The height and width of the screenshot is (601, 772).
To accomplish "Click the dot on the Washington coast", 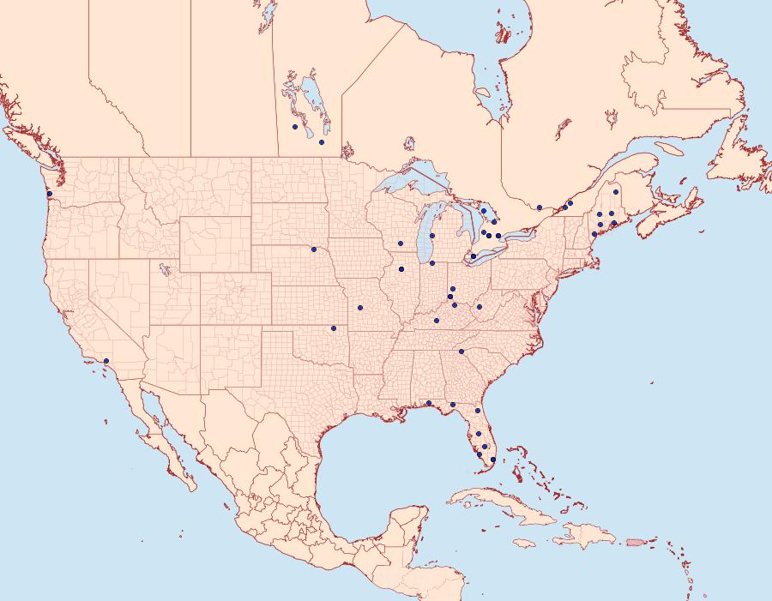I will pos(50,195).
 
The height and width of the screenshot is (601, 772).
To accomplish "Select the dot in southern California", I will pos(106,361).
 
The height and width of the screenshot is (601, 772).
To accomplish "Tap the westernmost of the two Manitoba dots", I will pos(295,127).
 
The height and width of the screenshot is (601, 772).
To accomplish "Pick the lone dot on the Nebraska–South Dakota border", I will pos(314,249).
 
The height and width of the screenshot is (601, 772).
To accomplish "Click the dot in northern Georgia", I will pos(461,352).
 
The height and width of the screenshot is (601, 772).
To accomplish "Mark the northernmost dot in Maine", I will pos(616,192).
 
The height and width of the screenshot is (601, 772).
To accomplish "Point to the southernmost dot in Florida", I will pos(492,460).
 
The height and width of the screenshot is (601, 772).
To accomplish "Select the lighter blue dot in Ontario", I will pos(484,211).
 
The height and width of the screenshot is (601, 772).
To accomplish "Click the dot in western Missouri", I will pos(359,307).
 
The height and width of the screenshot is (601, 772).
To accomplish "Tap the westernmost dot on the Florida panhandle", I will pos(428,403).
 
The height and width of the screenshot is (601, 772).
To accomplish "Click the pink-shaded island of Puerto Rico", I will pos(636,541).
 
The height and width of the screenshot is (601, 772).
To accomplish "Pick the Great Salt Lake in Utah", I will pos(161,267).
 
